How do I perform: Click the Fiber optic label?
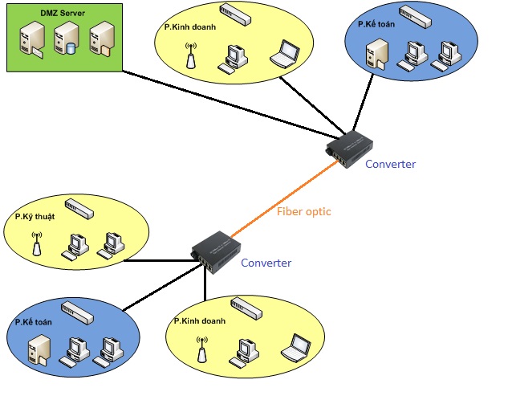pyautogui.click(x=303, y=212)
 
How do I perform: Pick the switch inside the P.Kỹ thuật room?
pyautogui.click(x=80, y=208)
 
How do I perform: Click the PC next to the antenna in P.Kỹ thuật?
pyautogui.click(x=73, y=243)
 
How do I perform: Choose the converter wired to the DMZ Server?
pyautogui.click(x=348, y=147)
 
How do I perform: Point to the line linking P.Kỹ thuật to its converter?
pyautogui.click(x=161, y=260)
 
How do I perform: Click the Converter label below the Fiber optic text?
pyautogui.click(x=266, y=263)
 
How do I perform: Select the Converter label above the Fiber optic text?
pyautogui.click(x=390, y=164)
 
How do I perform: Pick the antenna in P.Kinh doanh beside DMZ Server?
pyautogui.click(x=190, y=60)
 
